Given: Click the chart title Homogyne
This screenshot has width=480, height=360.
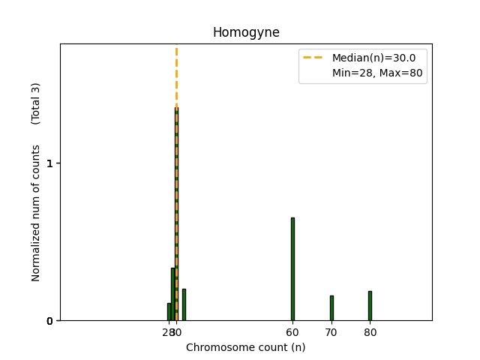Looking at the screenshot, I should (246, 32).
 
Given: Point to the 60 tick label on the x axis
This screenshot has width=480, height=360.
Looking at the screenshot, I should (292, 332).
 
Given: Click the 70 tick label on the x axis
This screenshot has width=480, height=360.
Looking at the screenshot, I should (331, 332).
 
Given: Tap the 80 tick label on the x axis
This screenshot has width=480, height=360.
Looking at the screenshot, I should (370, 332).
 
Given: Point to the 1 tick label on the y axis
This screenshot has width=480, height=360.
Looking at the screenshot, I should (49, 163).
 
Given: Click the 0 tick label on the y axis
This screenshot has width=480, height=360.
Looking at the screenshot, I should (49, 321).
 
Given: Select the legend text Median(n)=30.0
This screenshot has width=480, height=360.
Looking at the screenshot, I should (373, 58).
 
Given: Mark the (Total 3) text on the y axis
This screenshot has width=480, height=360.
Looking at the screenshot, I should (35, 103).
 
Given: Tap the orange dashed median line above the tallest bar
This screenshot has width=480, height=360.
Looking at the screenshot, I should (176, 75).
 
